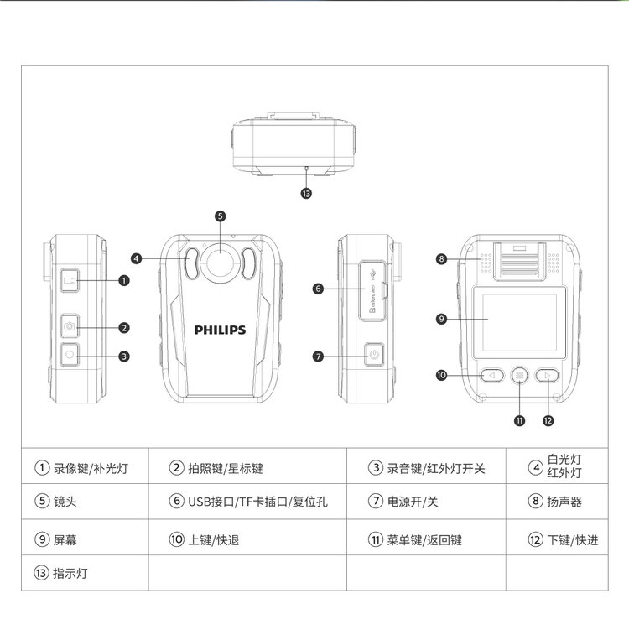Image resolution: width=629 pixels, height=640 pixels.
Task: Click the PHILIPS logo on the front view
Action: click(x=220, y=330)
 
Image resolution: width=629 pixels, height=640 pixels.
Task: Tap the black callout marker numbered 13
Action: click(x=306, y=194)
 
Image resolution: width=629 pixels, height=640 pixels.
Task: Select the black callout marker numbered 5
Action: click(x=221, y=216)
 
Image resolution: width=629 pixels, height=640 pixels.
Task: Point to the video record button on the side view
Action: click(x=70, y=280)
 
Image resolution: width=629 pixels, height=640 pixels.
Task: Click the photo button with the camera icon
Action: click(x=70, y=326)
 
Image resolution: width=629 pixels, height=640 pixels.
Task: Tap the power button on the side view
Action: click(x=374, y=355)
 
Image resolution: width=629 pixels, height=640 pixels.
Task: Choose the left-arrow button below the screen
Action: click(x=491, y=375)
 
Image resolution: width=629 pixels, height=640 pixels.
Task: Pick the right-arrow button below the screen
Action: click(x=547, y=375)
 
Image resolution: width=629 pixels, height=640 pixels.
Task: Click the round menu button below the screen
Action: click(x=520, y=375)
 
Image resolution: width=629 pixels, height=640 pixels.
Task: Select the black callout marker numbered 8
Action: click(x=441, y=259)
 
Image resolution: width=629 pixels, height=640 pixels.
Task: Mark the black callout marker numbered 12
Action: click(x=548, y=421)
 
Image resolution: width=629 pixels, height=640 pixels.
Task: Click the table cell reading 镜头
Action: click(x=65, y=502)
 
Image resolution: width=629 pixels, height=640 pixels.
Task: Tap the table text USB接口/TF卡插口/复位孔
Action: click(x=257, y=502)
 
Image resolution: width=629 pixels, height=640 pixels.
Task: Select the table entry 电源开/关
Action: click(x=413, y=502)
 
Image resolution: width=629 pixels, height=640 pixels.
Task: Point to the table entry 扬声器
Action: click(x=564, y=502)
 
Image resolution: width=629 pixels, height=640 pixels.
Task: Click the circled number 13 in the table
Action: click(x=41, y=573)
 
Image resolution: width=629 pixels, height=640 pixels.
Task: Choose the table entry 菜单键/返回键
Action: click(x=424, y=540)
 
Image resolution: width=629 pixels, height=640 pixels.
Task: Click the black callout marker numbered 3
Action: click(x=124, y=356)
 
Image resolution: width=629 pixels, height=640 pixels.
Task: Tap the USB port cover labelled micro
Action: click(x=372, y=290)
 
